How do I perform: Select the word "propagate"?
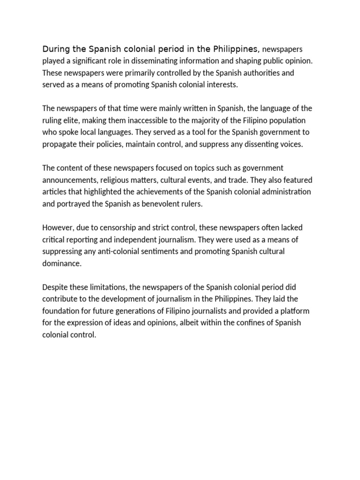(x=61, y=144)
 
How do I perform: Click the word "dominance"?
(x=61, y=263)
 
